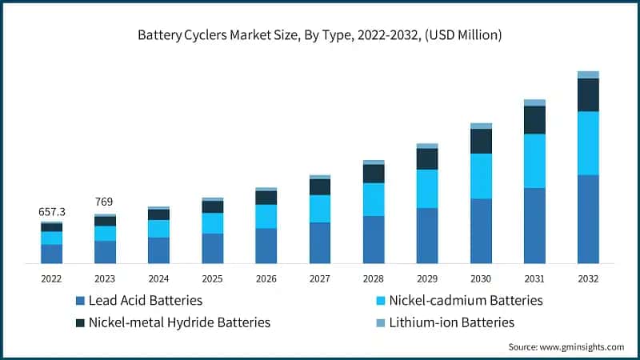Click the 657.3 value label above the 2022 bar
(x=52, y=212)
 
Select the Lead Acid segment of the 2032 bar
(x=588, y=218)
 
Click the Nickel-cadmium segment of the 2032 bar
(x=588, y=142)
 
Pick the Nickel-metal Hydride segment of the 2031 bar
(x=534, y=120)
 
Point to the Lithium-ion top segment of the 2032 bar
(x=588, y=74)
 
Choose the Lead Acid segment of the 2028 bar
(x=374, y=239)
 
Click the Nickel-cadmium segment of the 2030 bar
(x=481, y=176)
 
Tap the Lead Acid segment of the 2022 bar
(x=52, y=254)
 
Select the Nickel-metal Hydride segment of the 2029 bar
(x=427, y=158)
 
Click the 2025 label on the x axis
(x=213, y=278)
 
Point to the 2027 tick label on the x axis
(x=320, y=278)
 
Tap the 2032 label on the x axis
(x=588, y=278)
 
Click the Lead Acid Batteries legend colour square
(x=80, y=302)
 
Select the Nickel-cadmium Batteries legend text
(x=466, y=301)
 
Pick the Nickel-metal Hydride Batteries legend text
(x=179, y=322)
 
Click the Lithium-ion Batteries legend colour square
(x=381, y=323)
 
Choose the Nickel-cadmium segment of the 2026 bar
(x=266, y=216)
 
